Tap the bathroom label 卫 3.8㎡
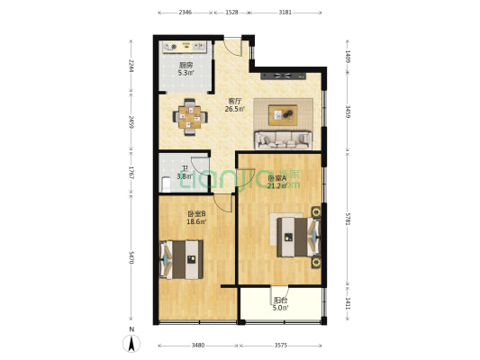pos(184,172)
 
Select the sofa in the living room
pos(284,139)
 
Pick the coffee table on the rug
pos(285,113)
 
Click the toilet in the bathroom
pos(165,183)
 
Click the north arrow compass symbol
pos(131,343)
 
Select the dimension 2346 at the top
pos(185,13)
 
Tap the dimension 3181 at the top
pos(285,13)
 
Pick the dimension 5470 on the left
pos(131,256)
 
